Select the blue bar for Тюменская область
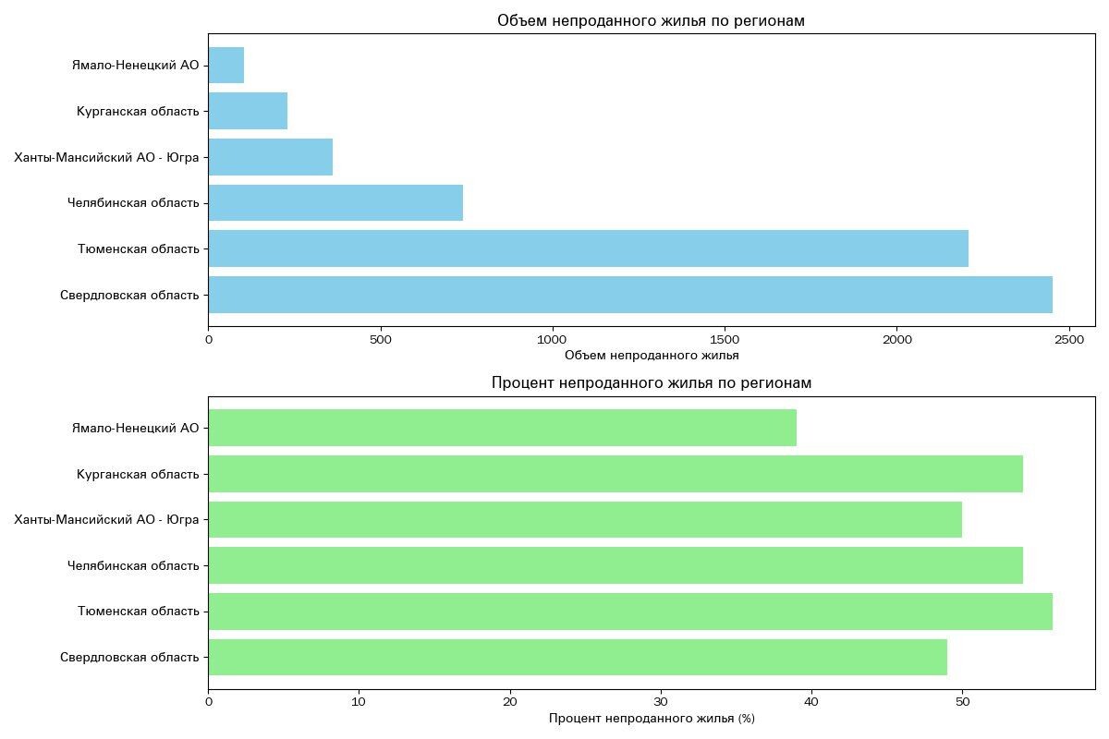pos(588,248)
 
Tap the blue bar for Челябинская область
pos(335,202)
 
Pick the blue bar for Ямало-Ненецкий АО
pos(226,65)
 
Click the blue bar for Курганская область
pos(248,111)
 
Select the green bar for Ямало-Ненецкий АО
pos(502,428)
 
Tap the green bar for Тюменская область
pos(630,612)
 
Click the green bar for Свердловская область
pos(578,657)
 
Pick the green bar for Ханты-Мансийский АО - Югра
pos(585,519)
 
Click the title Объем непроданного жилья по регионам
pos(651,21)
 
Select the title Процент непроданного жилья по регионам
pos(651,382)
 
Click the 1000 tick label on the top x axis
pos(553,341)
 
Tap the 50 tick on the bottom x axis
pos(962,703)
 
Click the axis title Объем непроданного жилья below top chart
pos(651,356)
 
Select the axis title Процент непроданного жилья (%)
pos(651,719)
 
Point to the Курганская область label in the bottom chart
pos(138,474)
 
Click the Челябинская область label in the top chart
pos(133,202)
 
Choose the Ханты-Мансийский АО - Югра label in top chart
pos(107,157)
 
